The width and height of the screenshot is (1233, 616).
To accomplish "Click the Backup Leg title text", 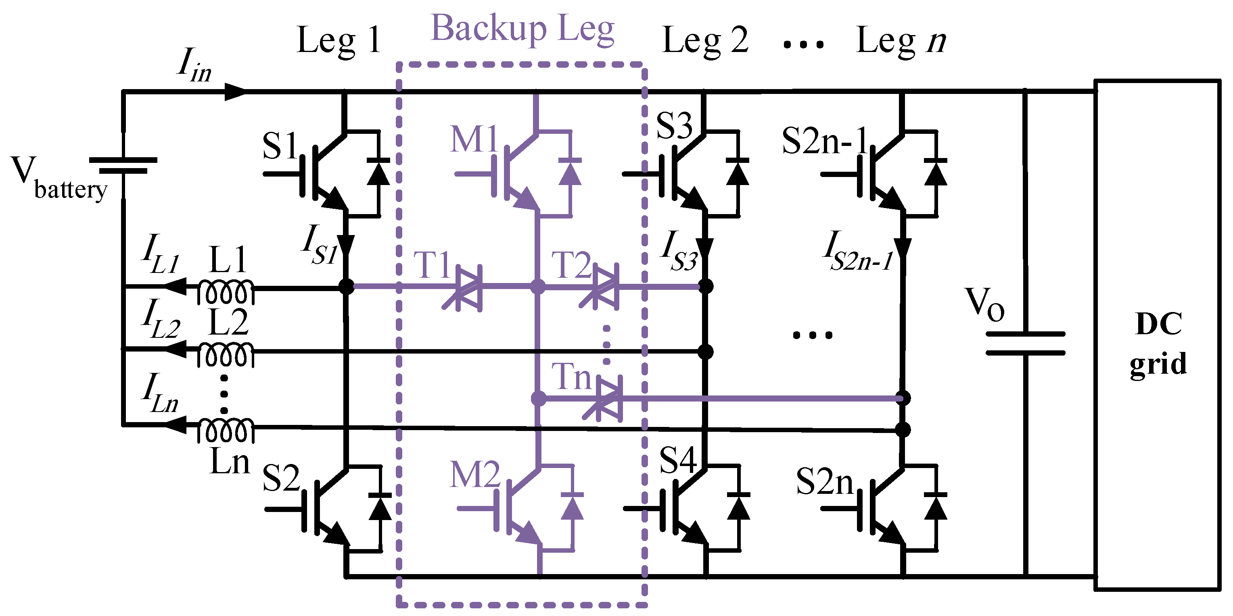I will tap(522, 30).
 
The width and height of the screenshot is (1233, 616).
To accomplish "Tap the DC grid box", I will tap(1158, 335).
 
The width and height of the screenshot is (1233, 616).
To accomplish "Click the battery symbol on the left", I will tap(123, 165).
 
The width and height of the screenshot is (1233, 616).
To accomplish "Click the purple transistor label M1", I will tap(474, 139).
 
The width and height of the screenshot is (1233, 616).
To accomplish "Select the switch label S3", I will tap(674, 126).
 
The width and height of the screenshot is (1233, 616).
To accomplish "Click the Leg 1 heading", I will tap(339, 40).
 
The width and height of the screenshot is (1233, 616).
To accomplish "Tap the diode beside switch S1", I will tap(378, 172).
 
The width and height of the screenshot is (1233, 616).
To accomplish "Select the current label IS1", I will tap(319, 245).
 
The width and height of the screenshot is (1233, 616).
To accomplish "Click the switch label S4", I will tap(677, 460).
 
